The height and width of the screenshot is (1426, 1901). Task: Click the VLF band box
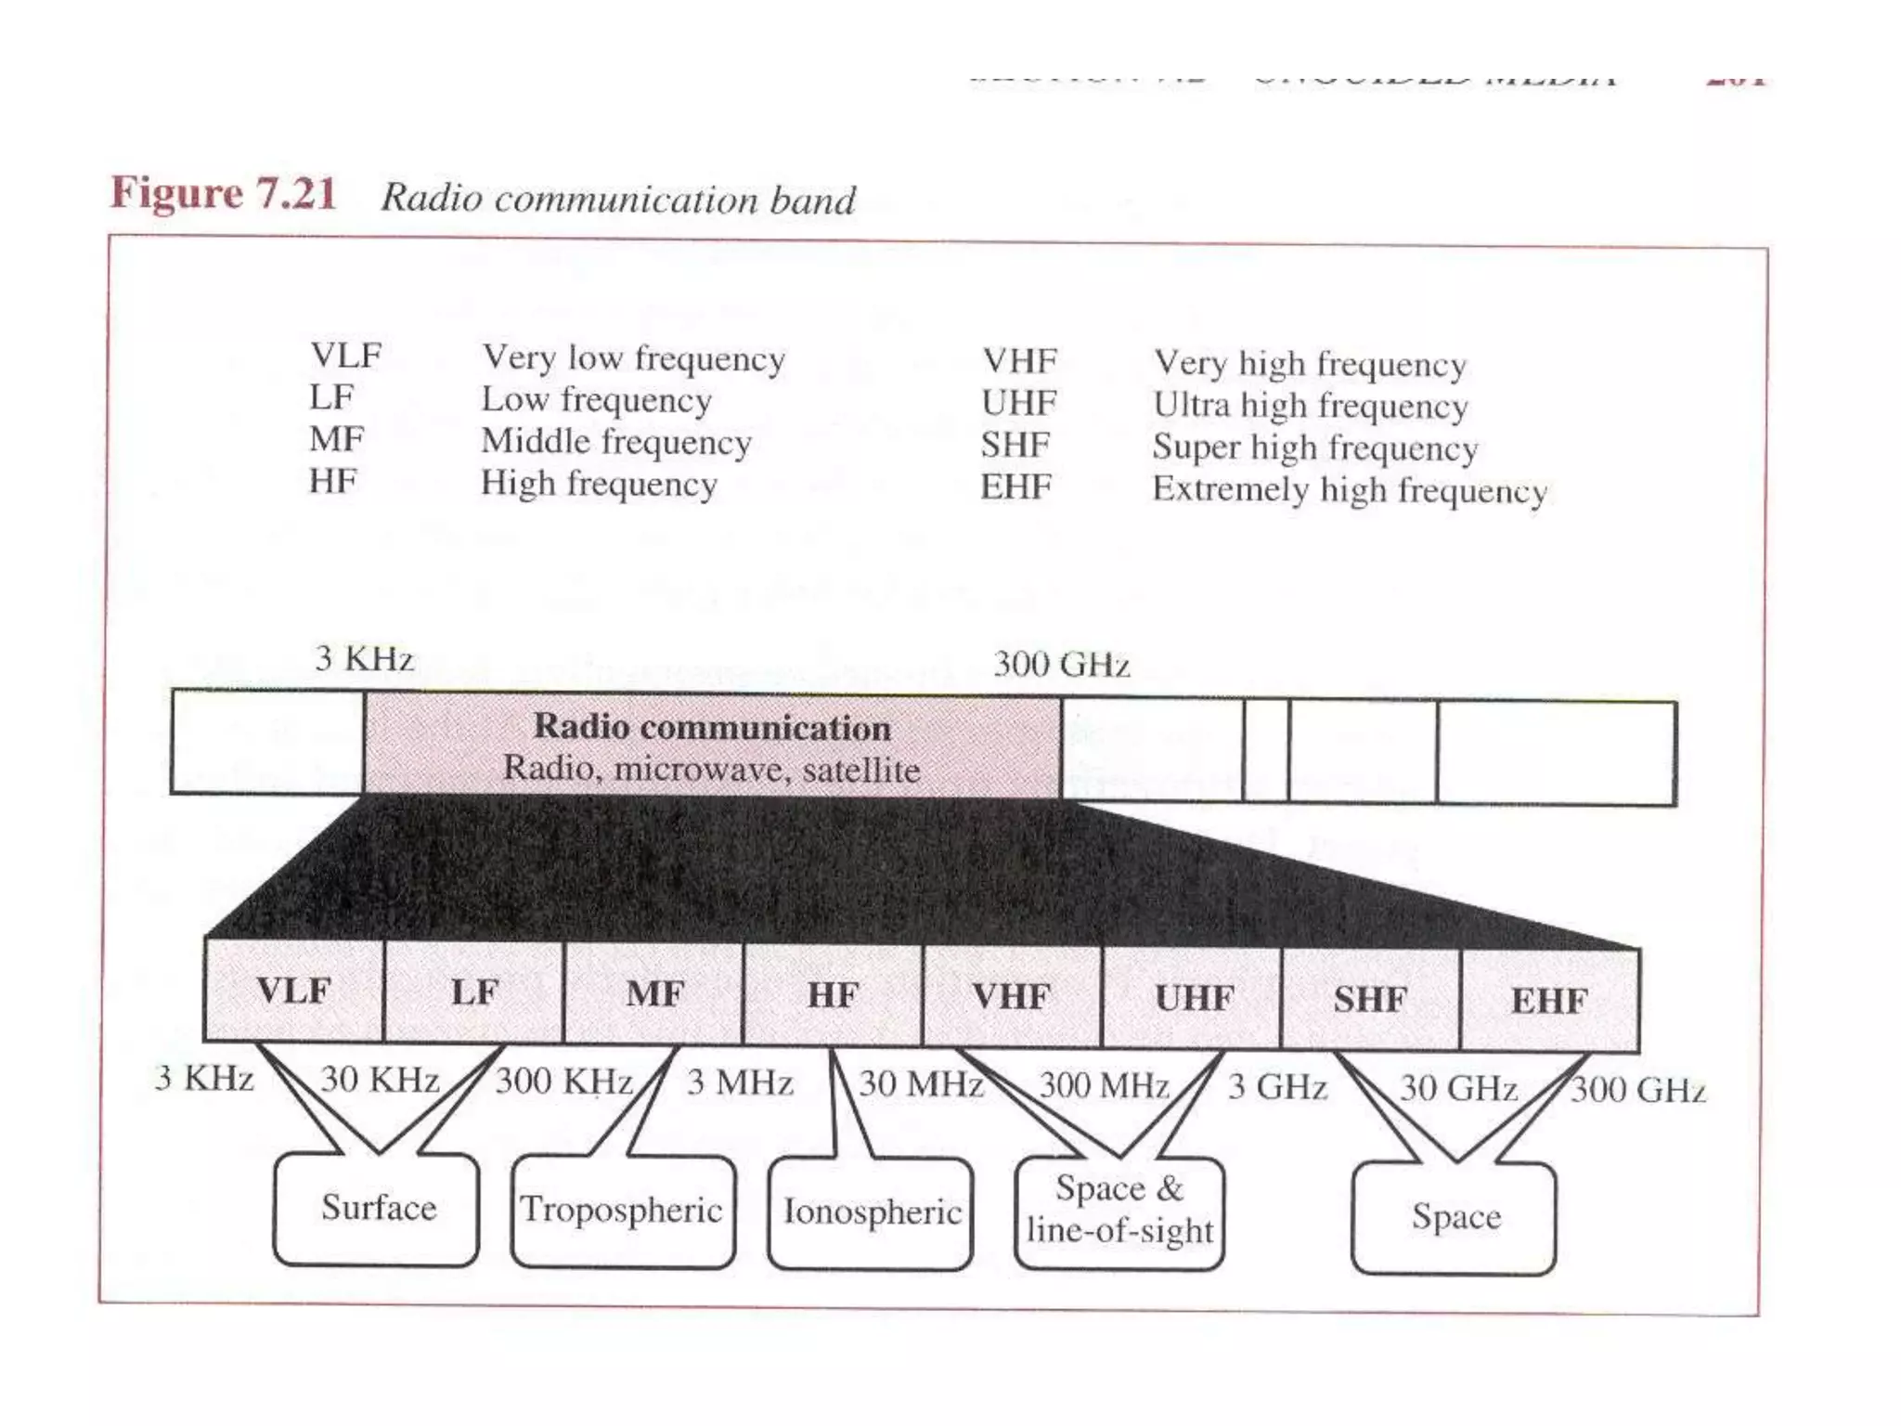point(293,991)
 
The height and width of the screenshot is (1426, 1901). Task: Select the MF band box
point(654,994)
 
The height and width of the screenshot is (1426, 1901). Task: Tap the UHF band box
point(1193,998)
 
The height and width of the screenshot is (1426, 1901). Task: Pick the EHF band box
point(1549,1001)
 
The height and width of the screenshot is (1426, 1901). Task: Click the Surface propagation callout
point(378,1208)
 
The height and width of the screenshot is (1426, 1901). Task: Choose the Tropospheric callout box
point(622,1210)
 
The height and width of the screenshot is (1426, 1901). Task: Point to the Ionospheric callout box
point(871,1212)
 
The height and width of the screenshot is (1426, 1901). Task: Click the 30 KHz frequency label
point(379,1080)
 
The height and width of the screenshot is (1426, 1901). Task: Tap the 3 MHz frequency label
point(740,1082)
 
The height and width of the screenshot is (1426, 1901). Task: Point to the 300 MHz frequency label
point(1103,1085)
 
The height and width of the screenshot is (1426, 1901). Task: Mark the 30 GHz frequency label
point(1458,1088)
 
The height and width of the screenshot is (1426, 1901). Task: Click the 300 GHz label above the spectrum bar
point(1061,665)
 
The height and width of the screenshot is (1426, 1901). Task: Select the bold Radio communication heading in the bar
point(712,727)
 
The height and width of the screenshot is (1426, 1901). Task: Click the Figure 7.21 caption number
point(223,193)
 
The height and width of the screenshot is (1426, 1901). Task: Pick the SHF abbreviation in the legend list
point(1015,446)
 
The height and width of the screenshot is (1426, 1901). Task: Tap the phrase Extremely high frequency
point(1350,489)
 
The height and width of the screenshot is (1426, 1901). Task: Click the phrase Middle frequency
point(616,442)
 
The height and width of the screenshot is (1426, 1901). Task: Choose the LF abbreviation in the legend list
point(331,397)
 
